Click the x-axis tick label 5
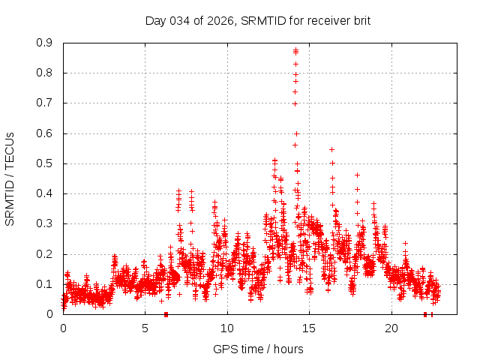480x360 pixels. [x=145, y=328]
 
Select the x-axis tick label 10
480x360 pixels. [x=227, y=328]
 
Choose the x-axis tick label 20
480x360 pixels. [x=391, y=328]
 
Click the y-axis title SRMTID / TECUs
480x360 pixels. [x=10, y=178]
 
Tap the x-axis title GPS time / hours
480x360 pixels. [x=258, y=349]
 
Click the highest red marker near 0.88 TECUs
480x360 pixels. [x=295, y=50]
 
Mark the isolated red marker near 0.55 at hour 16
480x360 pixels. [x=331, y=149]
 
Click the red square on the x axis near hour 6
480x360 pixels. [x=166, y=314]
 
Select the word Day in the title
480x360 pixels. [x=155, y=20]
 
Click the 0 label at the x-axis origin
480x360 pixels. [x=63, y=328]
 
